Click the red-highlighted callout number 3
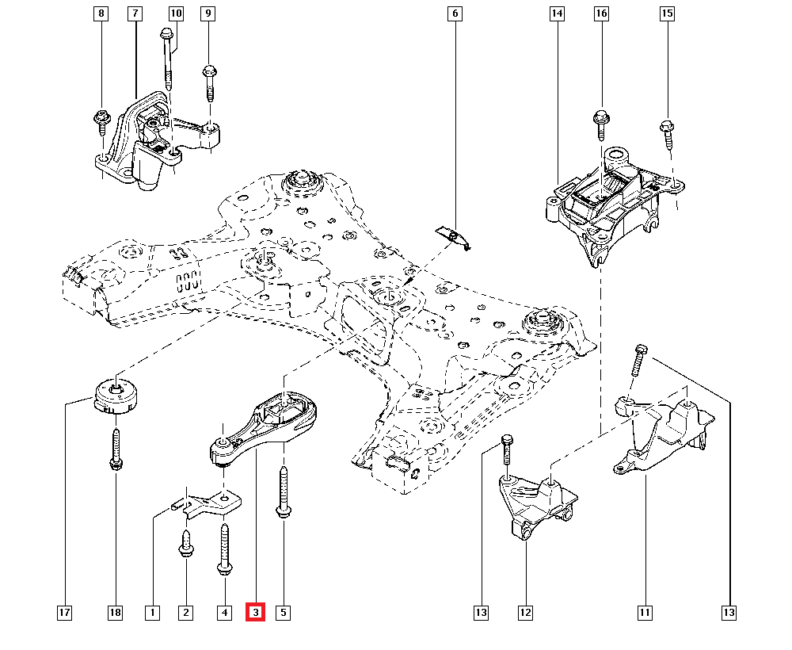point(255,612)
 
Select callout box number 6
point(455,13)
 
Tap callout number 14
point(557,13)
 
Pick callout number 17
point(64,612)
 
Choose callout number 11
point(645,612)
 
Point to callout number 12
point(526,612)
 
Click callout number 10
point(176,13)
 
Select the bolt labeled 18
point(116,449)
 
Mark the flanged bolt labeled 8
point(103,119)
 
